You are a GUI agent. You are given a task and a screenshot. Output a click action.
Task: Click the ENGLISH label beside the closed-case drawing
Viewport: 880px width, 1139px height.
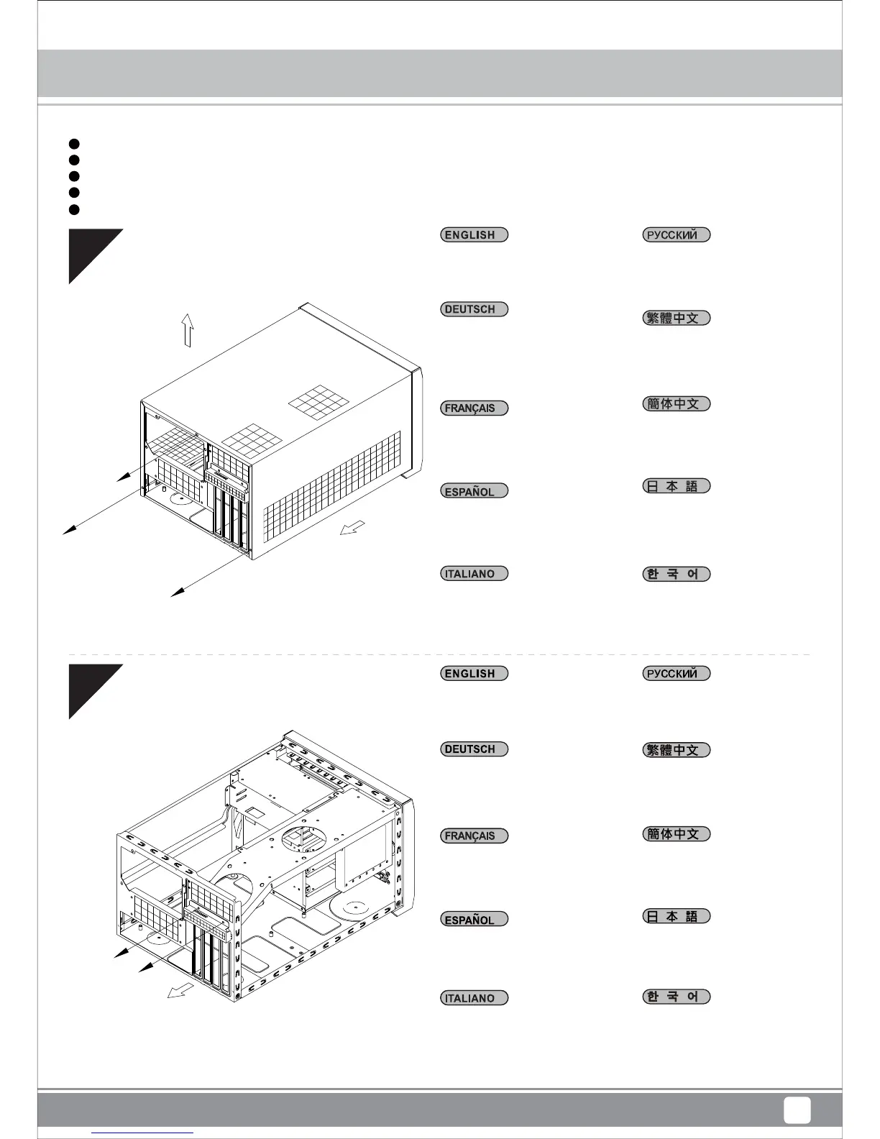click(x=474, y=235)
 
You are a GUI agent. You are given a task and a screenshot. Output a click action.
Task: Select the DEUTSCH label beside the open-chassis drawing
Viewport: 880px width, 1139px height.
click(x=474, y=749)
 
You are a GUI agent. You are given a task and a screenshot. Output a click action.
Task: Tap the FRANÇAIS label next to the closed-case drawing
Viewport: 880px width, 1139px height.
click(x=474, y=408)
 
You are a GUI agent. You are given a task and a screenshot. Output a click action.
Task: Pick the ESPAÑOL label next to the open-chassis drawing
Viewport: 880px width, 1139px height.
click(x=474, y=920)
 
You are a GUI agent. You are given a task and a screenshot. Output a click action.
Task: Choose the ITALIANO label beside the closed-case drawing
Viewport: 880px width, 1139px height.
click(x=474, y=574)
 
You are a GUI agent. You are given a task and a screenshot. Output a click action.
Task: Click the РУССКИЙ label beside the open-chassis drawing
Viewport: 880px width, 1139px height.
click(x=676, y=674)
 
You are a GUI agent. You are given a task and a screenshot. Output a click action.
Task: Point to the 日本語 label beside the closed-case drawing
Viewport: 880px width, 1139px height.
click(x=676, y=486)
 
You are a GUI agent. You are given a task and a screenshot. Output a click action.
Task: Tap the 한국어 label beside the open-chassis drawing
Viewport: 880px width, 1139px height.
click(x=676, y=997)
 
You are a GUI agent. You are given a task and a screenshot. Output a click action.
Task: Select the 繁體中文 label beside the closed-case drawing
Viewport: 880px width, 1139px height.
click(x=676, y=318)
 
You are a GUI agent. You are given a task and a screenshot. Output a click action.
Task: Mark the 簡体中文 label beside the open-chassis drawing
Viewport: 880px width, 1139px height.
click(x=676, y=834)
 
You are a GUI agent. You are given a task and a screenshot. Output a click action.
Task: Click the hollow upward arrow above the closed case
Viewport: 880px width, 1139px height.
click(x=188, y=330)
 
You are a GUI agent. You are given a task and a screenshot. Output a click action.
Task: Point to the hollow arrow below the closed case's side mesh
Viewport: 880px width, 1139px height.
click(x=352, y=528)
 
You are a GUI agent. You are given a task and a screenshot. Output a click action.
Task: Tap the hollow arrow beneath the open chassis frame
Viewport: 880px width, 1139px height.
click(x=180, y=990)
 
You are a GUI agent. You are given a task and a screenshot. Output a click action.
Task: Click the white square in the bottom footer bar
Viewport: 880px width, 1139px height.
click(x=797, y=1110)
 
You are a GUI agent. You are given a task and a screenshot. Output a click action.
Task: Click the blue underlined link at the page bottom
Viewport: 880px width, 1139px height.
click(x=143, y=1133)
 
